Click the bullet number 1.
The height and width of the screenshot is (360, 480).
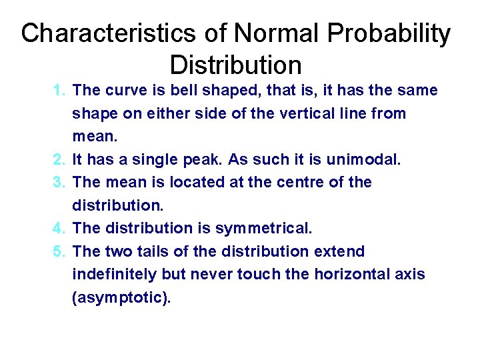point(59,90)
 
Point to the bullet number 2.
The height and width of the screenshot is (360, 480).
point(59,159)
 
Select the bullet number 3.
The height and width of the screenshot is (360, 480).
point(59,182)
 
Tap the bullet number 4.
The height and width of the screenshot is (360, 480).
point(59,228)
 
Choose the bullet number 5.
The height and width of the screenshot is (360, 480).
point(59,251)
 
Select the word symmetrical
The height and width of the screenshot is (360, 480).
point(263,228)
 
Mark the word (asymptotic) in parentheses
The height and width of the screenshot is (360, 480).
point(121,298)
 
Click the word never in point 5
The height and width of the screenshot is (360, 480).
point(213,274)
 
